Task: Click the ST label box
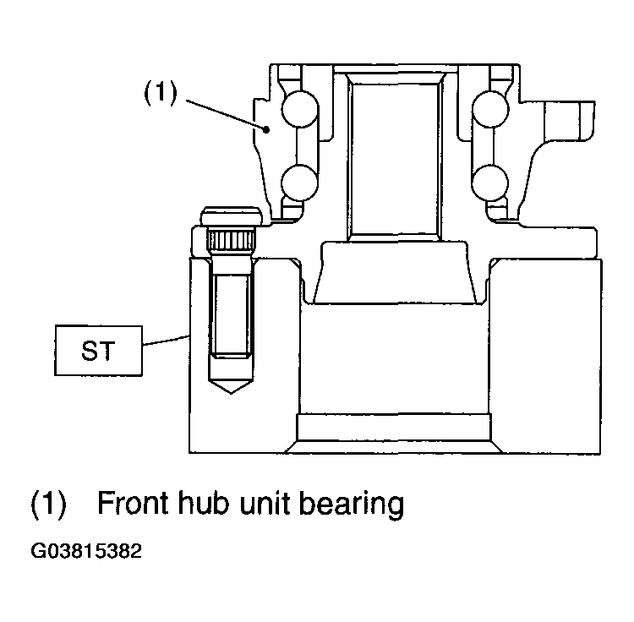(99, 351)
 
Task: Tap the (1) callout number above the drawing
(161, 93)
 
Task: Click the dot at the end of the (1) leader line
(266, 130)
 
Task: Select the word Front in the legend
(133, 503)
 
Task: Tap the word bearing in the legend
(352, 505)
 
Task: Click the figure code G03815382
(86, 551)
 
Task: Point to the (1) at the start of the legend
(48, 505)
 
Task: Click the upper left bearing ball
(299, 109)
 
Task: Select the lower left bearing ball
(299, 183)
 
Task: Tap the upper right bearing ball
(490, 109)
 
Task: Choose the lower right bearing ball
(490, 183)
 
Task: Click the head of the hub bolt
(232, 216)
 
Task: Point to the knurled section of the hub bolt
(231, 239)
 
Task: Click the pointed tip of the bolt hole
(232, 393)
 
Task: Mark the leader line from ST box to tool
(167, 341)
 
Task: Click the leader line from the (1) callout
(225, 115)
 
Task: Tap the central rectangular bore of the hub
(394, 159)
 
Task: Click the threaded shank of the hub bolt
(232, 314)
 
